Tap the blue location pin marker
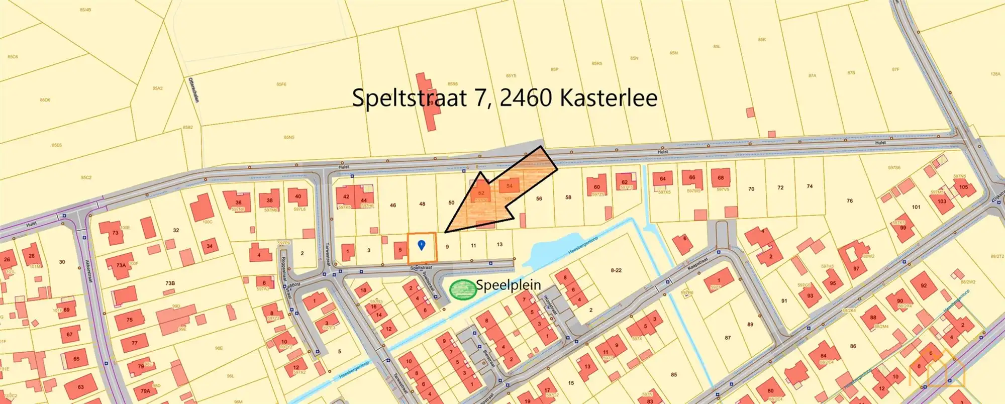422,245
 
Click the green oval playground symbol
462,289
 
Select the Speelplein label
509,285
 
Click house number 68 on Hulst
721,178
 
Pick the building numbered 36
238,203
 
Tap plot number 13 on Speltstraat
499,245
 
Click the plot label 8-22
616,270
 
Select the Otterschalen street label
193,89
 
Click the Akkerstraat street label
88,270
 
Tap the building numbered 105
963,187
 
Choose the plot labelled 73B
170,283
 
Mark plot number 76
849,201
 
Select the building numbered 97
856,269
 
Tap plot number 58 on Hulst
568,197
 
